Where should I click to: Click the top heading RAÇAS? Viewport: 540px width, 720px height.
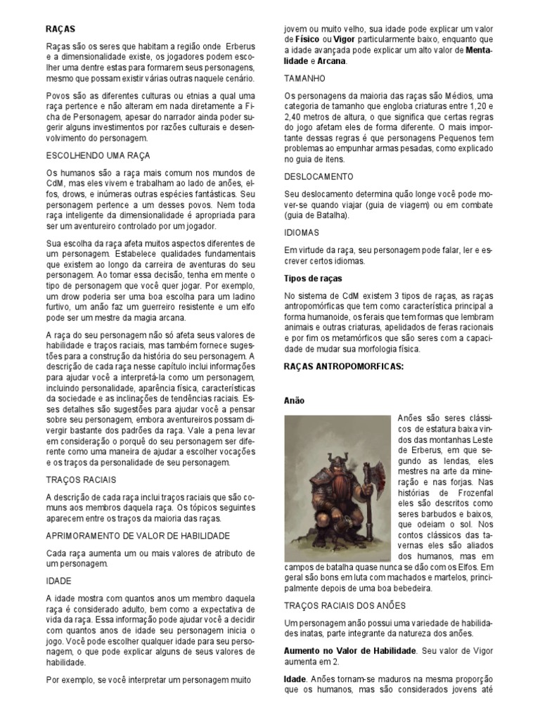pos(60,30)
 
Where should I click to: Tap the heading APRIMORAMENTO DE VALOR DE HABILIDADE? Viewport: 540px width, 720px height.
pos(138,536)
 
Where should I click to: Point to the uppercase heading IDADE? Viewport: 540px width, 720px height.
pos(58,582)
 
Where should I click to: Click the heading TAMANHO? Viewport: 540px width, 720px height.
pos(304,79)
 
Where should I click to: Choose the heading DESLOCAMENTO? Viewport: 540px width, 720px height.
pos(319,176)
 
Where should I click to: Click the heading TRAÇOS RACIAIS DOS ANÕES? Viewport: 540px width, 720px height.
pos(345,605)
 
